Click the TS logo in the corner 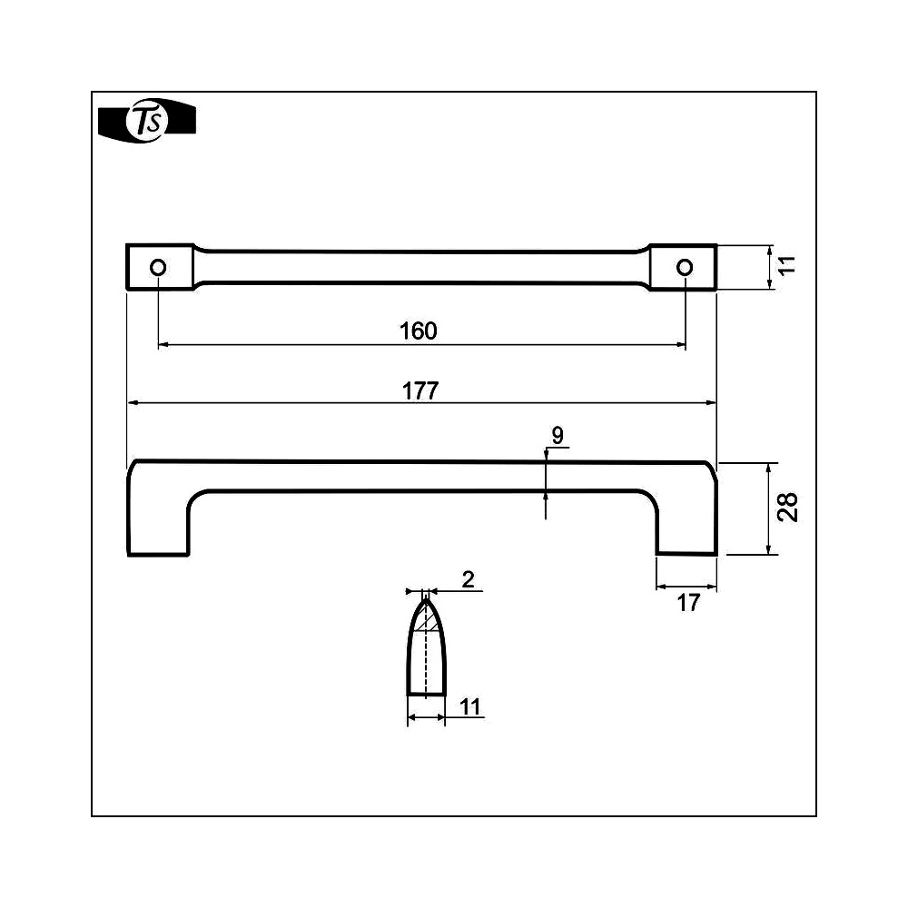(x=147, y=121)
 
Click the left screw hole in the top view (x=158, y=267)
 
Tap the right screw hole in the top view (x=685, y=267)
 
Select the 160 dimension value (x=418, y=331)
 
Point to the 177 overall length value (x=420, y=390)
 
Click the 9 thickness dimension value (x=558, y=435)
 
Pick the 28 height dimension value (x=787, y=508)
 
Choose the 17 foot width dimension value (x=688, y=603)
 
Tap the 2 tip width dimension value (x=469, y=579)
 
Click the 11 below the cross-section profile (x=470, y=706)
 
